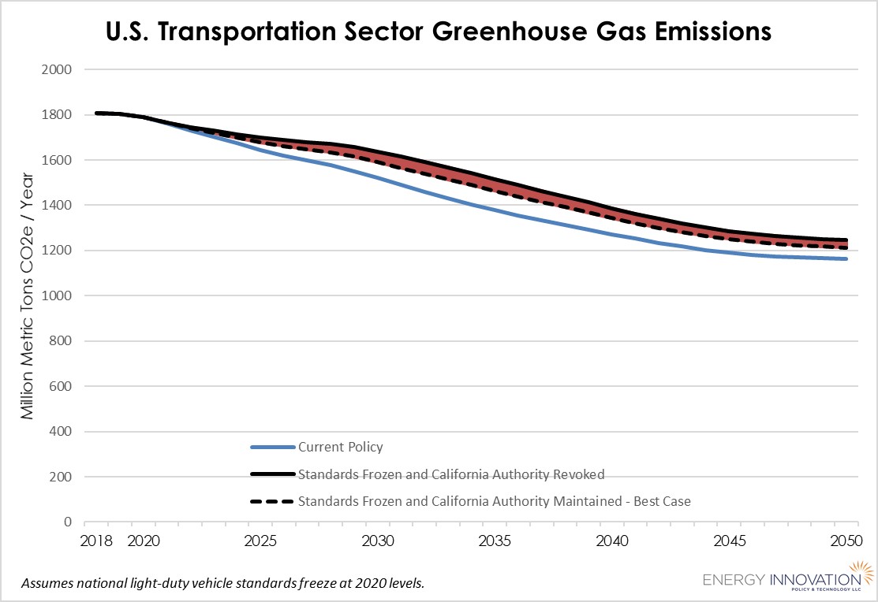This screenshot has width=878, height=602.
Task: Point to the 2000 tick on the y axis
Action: pos(56,69)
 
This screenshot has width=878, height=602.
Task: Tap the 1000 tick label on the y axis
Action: pos(56,296)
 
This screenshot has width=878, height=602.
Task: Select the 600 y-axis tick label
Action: pos(59,387)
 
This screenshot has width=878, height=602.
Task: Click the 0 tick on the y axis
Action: pos(68,522)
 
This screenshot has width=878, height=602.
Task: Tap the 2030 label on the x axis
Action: pos(376,541)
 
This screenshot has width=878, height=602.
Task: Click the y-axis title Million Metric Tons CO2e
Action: pos(28,296)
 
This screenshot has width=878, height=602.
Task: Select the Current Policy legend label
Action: pos(340,448)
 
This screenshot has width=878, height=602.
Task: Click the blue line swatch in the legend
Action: pos(273,448)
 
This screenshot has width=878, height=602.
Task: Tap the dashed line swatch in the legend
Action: pos(273,501)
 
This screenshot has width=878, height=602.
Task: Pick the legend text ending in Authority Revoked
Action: pos(451,474)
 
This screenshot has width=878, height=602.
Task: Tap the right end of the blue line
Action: pos(846,258)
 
